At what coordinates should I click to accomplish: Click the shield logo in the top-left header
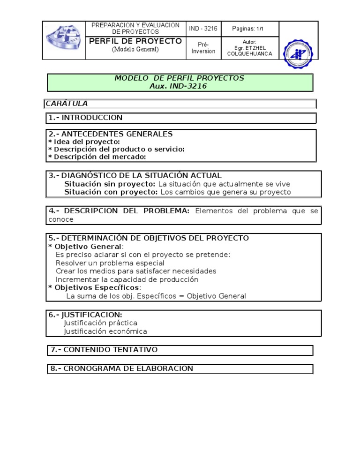pyautogui.click(x=63, y=41)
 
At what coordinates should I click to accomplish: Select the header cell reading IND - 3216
pyautogui.click(x=203, y=29)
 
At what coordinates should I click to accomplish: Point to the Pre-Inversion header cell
pyautogui.click(x=203, y=47)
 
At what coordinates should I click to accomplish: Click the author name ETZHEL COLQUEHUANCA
pyautogui.click(x=249, y=51)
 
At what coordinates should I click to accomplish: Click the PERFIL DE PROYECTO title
pyautogui.click(x=135, y=41)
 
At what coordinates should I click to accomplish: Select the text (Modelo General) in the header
pyautogui.click(x=135, y=50)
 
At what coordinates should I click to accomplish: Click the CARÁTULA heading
pyautogui.click(x=67, y=104)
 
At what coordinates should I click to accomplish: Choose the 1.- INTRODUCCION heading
pyautogui.click(x=85, y=118)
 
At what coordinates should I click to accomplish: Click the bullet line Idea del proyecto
pyautogui.click(x=84, y=142)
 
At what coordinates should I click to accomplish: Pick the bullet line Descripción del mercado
pyautogui.click(x=97, y=157)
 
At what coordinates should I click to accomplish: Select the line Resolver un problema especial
pyautogui.click(x=110, y=263)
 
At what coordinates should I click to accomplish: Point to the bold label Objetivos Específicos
pyautogui.click(x=97, y=287)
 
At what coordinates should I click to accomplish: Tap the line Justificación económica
pyautogui.click(x=105, y=331)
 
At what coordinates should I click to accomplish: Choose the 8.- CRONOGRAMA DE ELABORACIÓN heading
pyautogui.click(x=122, y=368)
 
